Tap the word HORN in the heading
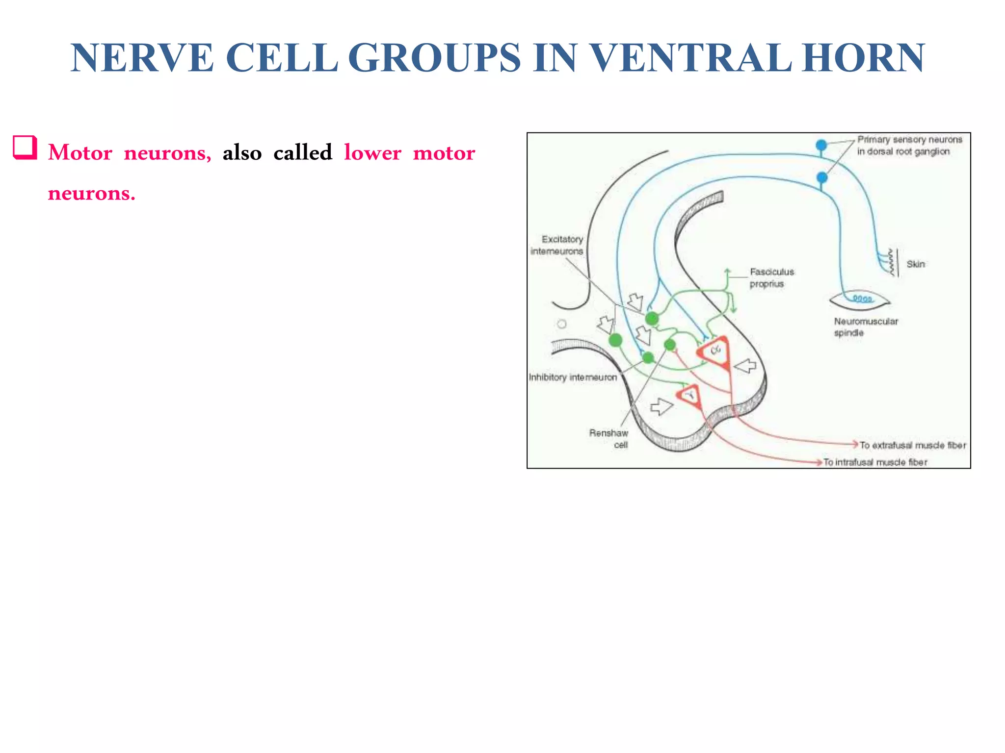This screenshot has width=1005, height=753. pos(864,58)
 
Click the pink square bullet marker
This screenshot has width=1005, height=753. pos(25,148)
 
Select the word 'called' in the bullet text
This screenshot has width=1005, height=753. pos(302,152)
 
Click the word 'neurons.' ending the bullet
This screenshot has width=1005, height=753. pos(91,193)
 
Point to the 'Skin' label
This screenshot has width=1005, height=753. pos(915,264)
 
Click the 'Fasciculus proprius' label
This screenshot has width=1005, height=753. pos(771,277)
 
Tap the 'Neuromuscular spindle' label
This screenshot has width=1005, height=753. pos(865,326)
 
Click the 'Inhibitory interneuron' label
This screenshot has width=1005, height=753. pos(573,377)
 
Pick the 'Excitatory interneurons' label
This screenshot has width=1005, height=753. pos(558,245)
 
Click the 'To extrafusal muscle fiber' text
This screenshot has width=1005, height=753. pos(913,445)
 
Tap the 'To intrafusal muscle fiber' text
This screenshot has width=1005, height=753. pos(875,462)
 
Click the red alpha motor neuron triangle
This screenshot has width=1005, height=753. pos(715,351)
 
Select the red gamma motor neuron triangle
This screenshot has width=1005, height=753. pos(689,395)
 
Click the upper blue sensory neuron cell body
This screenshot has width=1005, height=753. pos(821,145)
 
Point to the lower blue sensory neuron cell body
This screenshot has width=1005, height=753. pos(821,177)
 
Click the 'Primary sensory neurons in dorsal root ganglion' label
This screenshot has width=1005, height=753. pos(909,146)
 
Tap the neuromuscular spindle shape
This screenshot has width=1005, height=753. pos(860,300)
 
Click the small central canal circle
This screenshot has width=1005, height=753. pos(562,324)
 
